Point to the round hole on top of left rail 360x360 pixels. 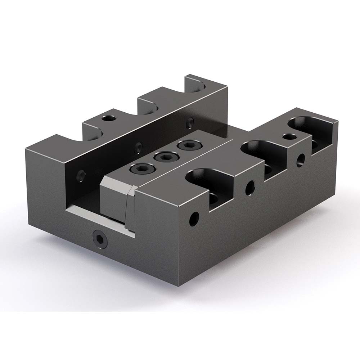click(x=108, y=118)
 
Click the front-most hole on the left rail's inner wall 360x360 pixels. click(x=81, y=175)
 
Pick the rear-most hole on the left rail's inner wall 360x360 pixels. click(x=188, y=123)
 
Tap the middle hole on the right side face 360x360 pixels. click(x=249, y=186)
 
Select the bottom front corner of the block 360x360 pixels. click(x=180, y=288)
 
